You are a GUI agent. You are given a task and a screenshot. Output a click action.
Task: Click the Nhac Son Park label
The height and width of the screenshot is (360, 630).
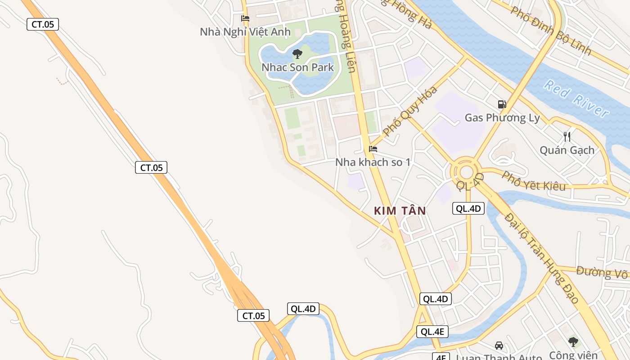298,67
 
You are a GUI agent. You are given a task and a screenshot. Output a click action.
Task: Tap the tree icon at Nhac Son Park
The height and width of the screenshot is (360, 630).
297,54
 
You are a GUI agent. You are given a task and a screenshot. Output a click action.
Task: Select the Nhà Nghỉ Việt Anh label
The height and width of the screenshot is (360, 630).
245,32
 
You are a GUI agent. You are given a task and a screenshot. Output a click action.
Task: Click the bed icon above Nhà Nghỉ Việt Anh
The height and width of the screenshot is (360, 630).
245,18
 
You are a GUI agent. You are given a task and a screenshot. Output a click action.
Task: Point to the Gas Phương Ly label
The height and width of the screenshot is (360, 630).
502,118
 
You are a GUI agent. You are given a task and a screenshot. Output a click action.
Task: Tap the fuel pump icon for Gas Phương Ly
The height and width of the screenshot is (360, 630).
502,104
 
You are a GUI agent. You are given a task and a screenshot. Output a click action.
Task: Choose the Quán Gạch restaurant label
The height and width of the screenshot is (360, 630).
567,150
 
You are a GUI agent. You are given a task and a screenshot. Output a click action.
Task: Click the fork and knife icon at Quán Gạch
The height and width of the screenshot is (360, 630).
567,136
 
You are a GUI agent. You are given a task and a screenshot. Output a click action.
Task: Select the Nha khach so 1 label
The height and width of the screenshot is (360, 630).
373,162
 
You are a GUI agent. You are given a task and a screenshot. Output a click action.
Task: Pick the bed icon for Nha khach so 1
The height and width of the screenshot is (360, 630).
373,149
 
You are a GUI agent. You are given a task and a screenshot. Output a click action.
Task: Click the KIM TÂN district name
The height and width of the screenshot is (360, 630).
400,211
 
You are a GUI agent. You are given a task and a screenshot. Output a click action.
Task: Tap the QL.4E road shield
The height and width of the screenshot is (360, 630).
432,332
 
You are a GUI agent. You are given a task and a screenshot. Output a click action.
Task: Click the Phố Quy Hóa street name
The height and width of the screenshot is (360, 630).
410,111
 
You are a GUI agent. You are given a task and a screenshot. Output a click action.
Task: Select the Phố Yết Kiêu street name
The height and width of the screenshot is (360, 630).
533,181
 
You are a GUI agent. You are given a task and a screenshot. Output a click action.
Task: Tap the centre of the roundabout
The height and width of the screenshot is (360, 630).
466,171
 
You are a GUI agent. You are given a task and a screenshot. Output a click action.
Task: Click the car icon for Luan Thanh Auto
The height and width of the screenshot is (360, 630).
499,345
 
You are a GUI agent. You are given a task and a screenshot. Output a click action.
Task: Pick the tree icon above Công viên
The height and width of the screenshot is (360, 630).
573,342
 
